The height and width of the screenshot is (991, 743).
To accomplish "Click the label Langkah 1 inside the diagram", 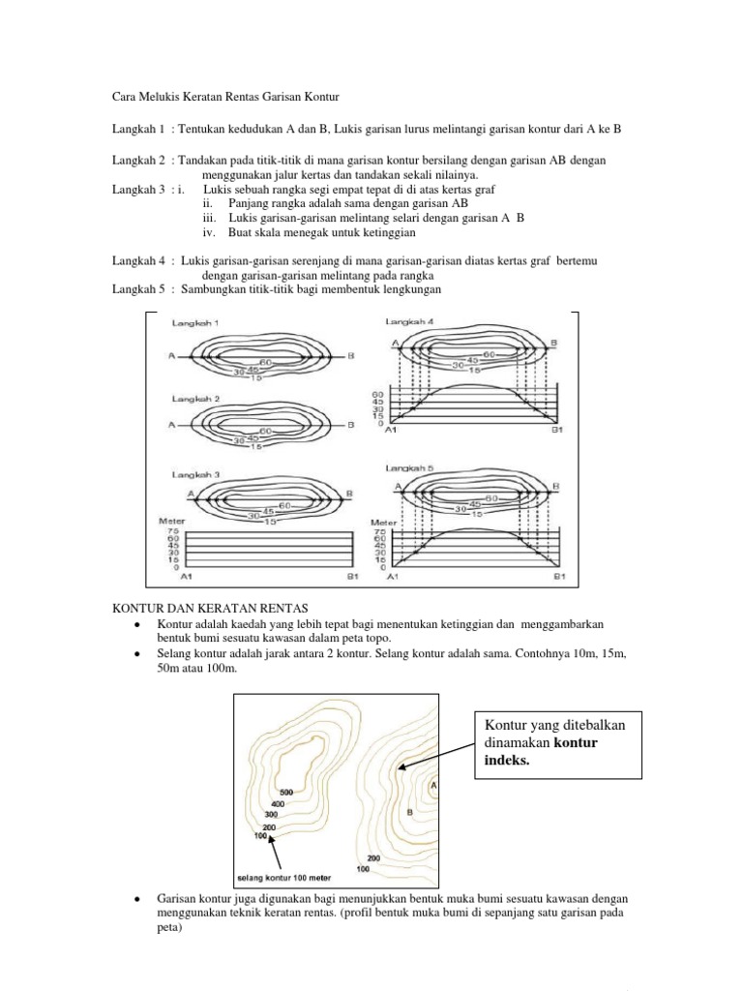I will click(197, 322).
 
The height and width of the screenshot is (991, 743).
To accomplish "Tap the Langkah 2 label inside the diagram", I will click(197, 399).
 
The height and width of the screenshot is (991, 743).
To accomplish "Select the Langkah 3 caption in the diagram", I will click(197, 474).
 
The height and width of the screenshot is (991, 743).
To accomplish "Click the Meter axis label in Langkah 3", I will click(172, 521).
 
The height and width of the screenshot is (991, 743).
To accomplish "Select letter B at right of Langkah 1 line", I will click(351, 356).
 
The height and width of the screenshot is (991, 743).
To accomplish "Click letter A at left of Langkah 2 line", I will click(170, 425).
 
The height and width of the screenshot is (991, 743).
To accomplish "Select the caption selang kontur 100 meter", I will click(282, 878).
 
